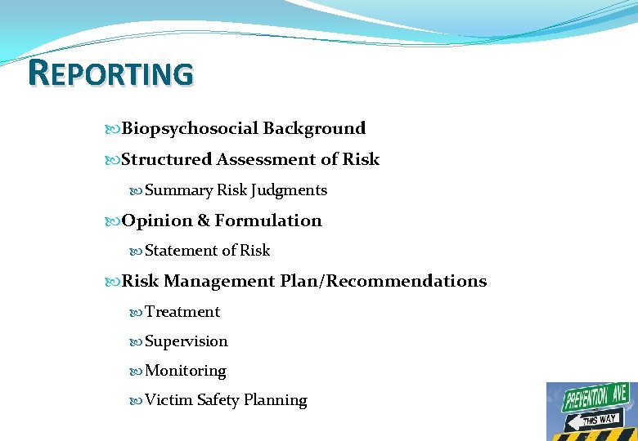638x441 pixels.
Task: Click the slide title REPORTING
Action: click(x=110, y=73)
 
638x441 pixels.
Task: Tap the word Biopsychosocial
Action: click(x=190, y=128)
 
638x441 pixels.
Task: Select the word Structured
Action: click(x=166, y=159)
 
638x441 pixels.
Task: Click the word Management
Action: click(x=218, y=281)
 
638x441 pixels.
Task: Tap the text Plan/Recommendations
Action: click(x=383, y=281)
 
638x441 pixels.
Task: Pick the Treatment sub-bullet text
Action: click(x=182, y=312)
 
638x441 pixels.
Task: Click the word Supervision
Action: click(x=186, y=341)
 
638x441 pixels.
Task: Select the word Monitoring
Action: click(x=185, y=371)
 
